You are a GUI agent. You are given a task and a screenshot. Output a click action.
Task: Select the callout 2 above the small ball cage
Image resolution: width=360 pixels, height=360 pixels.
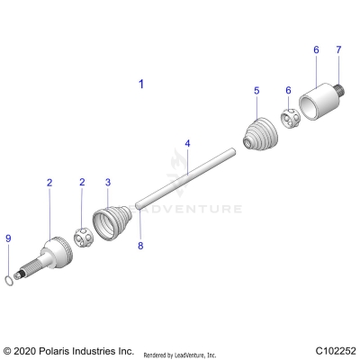(82, 183)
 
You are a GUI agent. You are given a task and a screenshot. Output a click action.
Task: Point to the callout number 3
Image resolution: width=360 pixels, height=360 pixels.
(109, 183)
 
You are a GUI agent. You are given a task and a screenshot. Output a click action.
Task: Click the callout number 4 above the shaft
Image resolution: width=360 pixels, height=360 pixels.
(187, 143)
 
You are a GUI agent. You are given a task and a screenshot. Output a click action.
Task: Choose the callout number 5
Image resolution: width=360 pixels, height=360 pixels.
(256, 91)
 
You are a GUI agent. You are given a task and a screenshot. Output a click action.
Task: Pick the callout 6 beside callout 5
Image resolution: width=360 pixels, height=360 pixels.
(288, 91)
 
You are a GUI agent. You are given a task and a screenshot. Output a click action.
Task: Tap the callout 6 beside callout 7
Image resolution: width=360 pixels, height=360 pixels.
(315, 49)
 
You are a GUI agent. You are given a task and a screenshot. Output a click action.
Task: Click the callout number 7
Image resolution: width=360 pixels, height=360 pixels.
(339, 49)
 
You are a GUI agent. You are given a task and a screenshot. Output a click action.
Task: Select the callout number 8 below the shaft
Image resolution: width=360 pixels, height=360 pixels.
(140, 245)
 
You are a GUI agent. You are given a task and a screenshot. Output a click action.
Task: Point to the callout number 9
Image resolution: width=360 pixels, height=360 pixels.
(9, 238)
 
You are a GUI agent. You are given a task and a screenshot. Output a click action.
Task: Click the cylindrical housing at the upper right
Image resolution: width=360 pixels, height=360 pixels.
(316, 100)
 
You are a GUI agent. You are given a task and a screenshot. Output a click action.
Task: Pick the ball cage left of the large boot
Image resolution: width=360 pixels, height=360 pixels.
(84, 239)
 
